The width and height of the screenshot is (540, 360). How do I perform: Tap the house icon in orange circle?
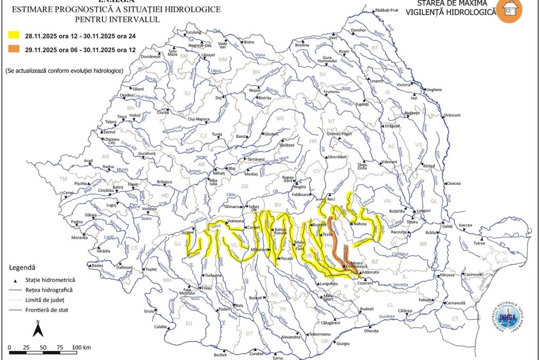click(509, 9)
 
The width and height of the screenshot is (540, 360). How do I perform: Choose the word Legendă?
click(22, 268)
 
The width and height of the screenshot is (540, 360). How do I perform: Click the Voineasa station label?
click(235, 221)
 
